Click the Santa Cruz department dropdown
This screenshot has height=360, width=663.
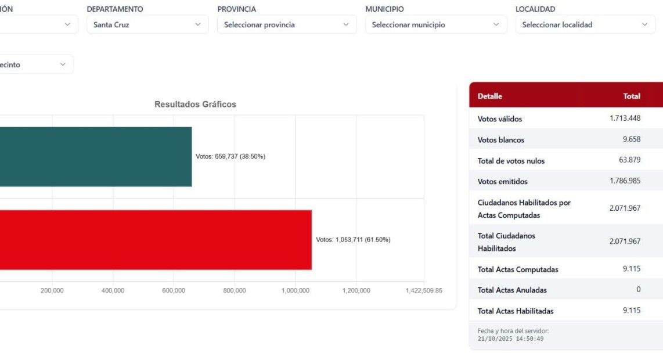coord(147,25)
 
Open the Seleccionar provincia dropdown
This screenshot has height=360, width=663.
coord(287,25)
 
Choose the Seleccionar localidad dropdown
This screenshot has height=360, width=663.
coord(585,25)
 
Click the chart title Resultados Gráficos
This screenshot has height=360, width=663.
coord(195,105)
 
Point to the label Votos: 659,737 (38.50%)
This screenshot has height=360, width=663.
coord(230,157)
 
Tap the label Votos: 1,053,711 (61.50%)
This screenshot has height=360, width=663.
coord(353,240)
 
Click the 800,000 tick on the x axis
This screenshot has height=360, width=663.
coord(235,291)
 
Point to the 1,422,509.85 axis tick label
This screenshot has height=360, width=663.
coord(424,291)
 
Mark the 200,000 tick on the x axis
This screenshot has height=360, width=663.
coord(52,291)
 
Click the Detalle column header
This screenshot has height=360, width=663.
coord(489,96)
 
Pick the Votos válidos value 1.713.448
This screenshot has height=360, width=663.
coord(625,118)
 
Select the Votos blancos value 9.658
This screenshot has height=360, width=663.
coord(631,139)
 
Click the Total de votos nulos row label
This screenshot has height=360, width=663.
coord(511,161)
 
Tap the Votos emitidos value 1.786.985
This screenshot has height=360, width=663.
coord(625,181)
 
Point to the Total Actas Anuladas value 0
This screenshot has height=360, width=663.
coord(638,290)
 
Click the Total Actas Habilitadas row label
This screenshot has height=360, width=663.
coord(516,311)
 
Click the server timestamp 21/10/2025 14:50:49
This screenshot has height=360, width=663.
coord(510,339)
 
